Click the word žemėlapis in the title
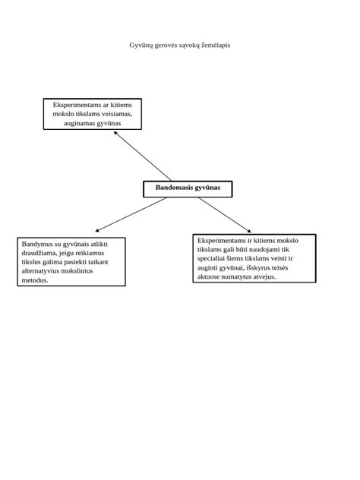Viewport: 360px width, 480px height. (x=216, y=46)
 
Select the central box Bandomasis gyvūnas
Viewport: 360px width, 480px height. (x=188, y=189)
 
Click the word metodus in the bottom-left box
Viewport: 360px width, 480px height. (x=35, y=280)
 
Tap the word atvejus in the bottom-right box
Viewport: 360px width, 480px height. (x=264, y=276)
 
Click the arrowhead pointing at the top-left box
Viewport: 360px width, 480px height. (x=115, y=133)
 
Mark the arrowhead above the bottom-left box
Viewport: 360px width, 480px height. (x=97, y=230)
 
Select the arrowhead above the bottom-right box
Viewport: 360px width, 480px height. (x=249, y=231)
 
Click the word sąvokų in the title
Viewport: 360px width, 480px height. (x=189, y=46)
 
